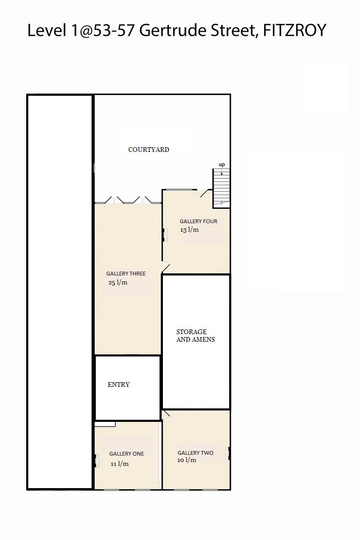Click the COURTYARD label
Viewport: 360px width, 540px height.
[x=149, y=150]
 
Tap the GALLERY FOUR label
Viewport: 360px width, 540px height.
[x=198, y=221]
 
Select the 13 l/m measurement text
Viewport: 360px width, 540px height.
[x=189, y=230]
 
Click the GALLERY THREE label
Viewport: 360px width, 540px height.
[x=126, y=274]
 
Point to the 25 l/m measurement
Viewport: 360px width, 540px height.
[x=118, y=282]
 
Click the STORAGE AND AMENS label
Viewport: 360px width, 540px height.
[x=195, y=335]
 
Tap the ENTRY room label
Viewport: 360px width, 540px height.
[x=119, y=384]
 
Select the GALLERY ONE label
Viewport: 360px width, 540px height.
[x=127, y=454]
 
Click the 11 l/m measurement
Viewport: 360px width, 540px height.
[x=119, y=464]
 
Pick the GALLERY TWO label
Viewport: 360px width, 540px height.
[x=195, y=453]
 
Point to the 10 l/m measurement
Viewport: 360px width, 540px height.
[x=187, y=460]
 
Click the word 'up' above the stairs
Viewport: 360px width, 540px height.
[x=222, y=165]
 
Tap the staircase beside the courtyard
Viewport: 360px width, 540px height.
[x=221, y=188]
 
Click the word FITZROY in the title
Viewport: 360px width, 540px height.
[x=295, y=30]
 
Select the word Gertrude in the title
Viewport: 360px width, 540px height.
[x=173, y=30]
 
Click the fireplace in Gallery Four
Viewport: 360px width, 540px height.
[x=165, y=235]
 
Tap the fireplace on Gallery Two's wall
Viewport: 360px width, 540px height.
[x=227, y=453]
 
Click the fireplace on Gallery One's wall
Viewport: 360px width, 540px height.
[x=97, y=461]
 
